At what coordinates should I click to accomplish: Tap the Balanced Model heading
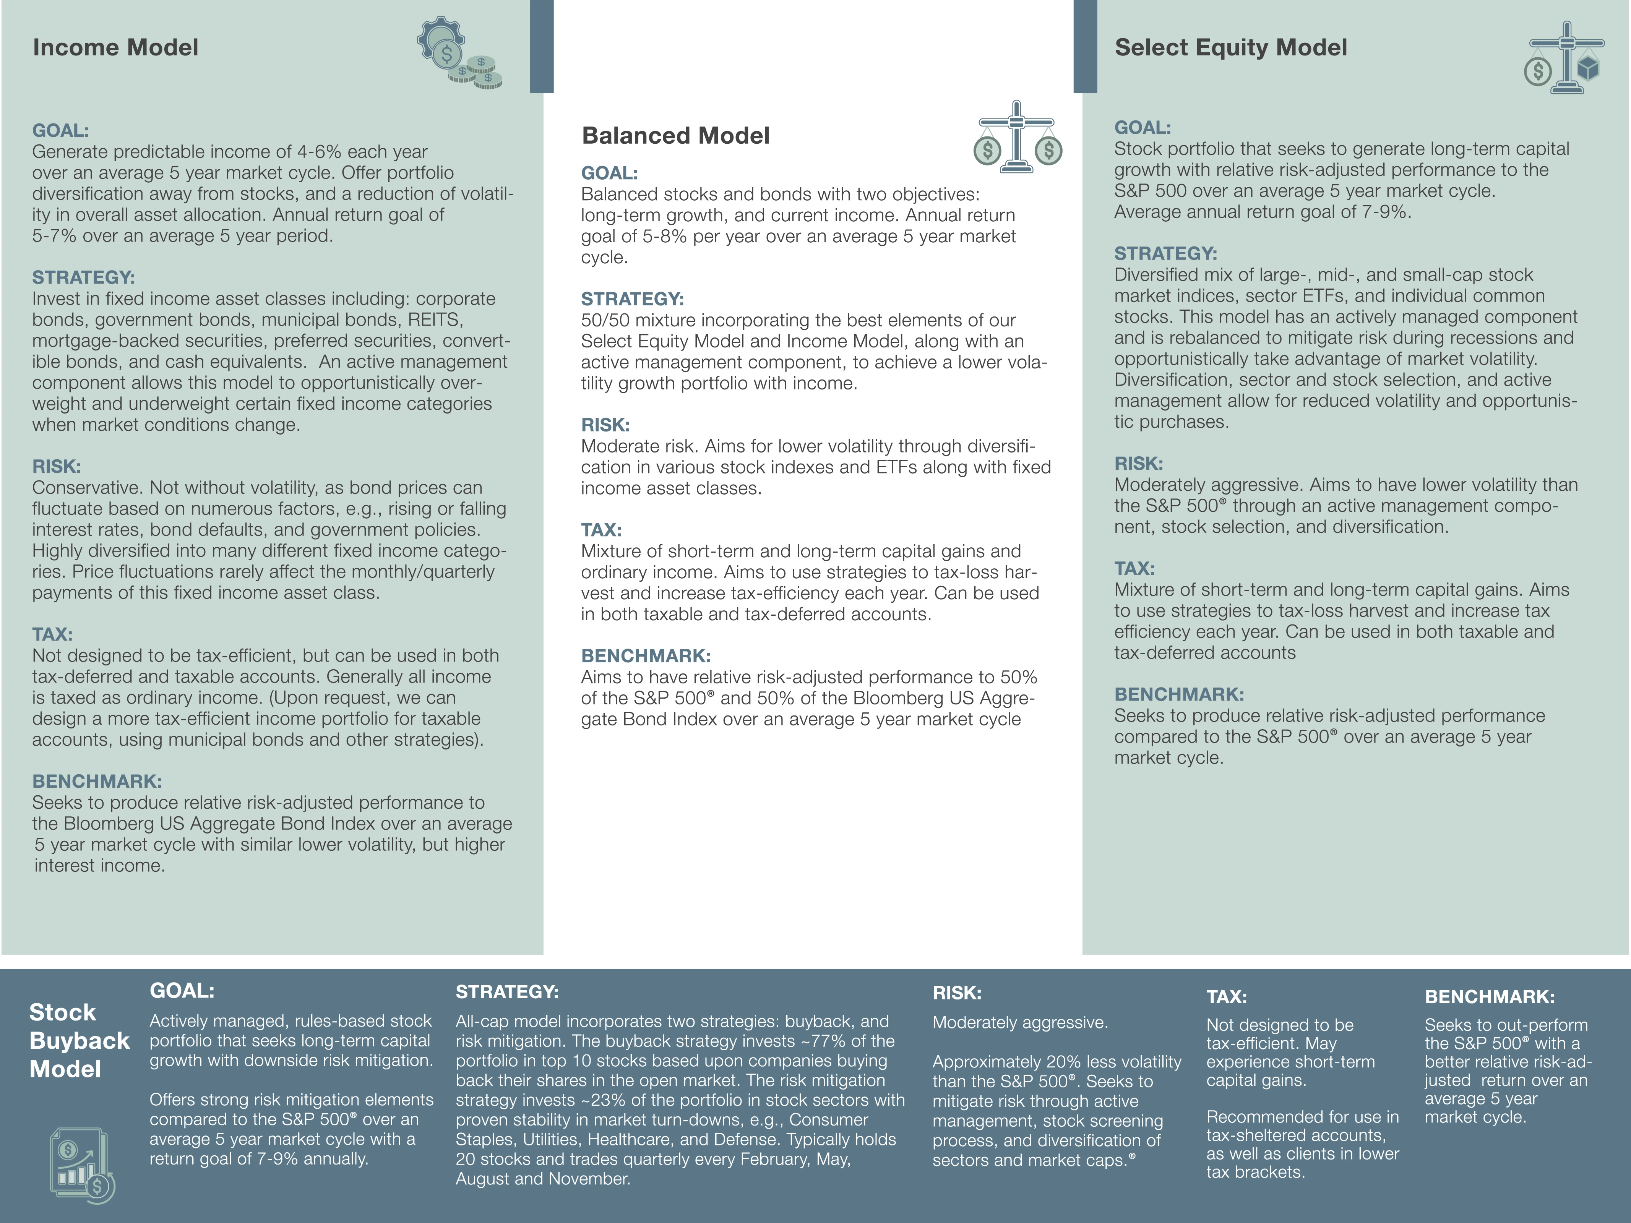pos(675,136)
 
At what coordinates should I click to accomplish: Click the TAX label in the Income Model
pos(52,635)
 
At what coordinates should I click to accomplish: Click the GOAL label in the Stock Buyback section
pos(182,991)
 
